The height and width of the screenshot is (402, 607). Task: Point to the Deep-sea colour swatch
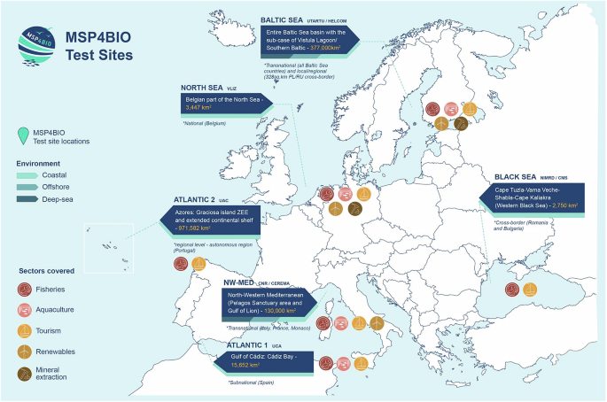(x=26, y=199)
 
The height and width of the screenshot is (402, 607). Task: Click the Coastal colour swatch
(x=26, y=175)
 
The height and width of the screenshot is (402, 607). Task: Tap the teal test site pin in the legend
(x=24, y=135)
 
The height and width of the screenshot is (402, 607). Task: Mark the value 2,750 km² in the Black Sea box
(x=562, y=205)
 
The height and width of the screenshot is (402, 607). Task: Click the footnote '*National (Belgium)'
(x=206, y=123)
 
